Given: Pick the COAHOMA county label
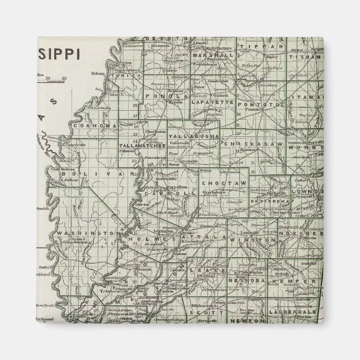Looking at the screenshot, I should pyautogui.click(x=94, y=126).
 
